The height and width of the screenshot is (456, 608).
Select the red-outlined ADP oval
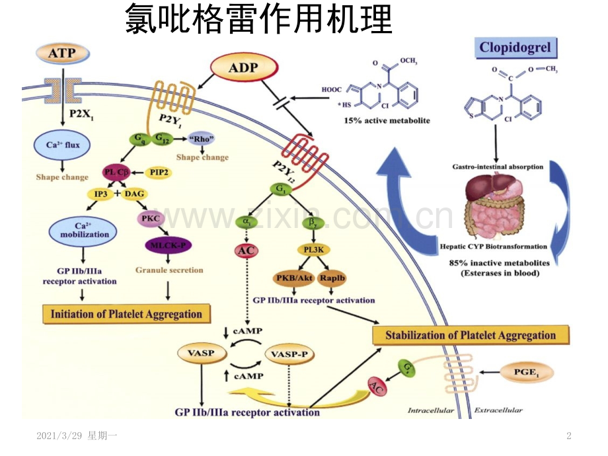pyautogui.click(x=244, y=67)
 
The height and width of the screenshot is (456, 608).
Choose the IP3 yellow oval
pyautogui.click(x=100, y=194)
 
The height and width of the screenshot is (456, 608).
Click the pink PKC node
pyautogui.click(x=153, y=219)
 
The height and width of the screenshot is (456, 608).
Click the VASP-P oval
pyautogui.click(x=289, y=354)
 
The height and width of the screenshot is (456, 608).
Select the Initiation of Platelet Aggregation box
pyautogui.click(x=126, y=313)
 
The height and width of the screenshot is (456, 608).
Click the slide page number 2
pyautogui.click(x=569, y=436)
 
